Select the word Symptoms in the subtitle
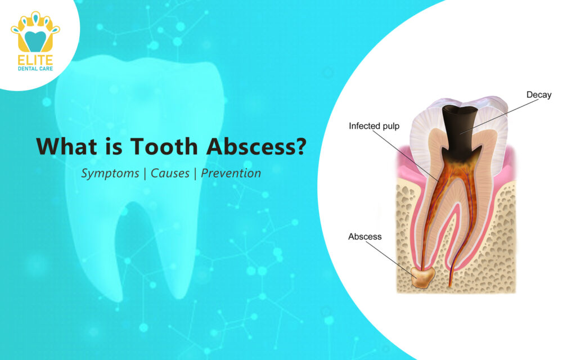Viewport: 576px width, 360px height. click(110, 173)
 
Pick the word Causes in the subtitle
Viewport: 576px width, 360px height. click(169, 173)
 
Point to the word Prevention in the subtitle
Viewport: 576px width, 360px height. click(231, 173)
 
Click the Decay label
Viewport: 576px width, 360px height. click(538, 94)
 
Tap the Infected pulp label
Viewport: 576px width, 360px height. click(374, 126)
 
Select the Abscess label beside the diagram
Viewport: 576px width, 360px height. click(364, 236)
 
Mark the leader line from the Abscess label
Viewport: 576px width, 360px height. click(394, 258)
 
